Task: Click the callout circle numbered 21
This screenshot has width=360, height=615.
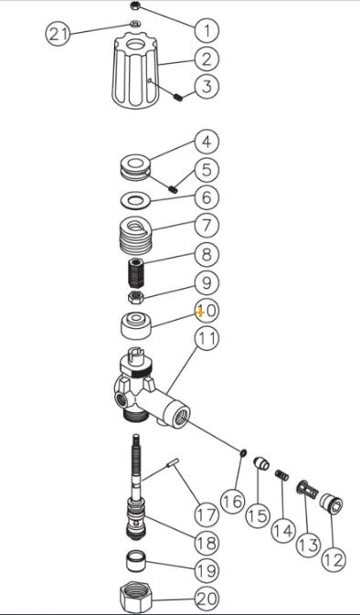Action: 58,34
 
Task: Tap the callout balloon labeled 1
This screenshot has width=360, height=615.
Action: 206,30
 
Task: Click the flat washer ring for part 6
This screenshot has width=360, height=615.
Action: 137,199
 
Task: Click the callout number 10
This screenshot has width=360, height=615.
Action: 206,311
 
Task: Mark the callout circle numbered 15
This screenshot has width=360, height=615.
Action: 259,515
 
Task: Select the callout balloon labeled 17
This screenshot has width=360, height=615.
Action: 206,514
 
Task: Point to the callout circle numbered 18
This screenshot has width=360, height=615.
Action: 206,542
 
